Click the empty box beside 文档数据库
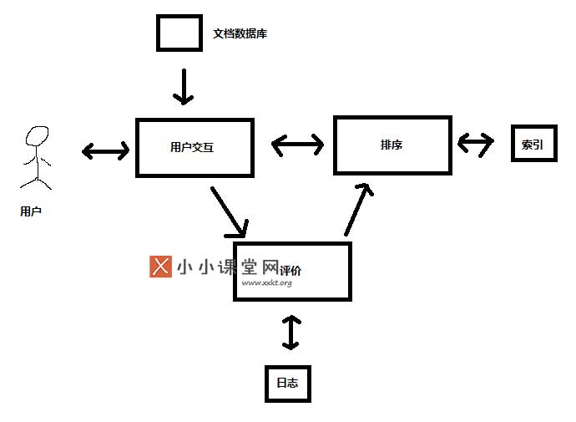(x=157, y=33)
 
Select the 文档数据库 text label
(x=240, y=33)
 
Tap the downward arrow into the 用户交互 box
(x=184, y=87)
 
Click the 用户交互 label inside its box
(x=192, y=147)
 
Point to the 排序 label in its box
(x=392, y=145)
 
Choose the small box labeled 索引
(x=512, y=144)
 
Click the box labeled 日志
(x=266, y=384)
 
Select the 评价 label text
(x=291, y=271)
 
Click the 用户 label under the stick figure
(x=31, y=211)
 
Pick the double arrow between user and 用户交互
(x=105, y=150)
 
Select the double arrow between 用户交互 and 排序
(x=297, y=145)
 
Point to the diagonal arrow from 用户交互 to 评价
(x=230, y=212)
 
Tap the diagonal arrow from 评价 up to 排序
(x=357, y=210)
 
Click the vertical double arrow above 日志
(x=291, y=333)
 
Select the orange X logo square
(x=160, y=267)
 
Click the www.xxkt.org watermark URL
(x=266, y=282)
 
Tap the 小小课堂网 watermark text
(x=228, y=267)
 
